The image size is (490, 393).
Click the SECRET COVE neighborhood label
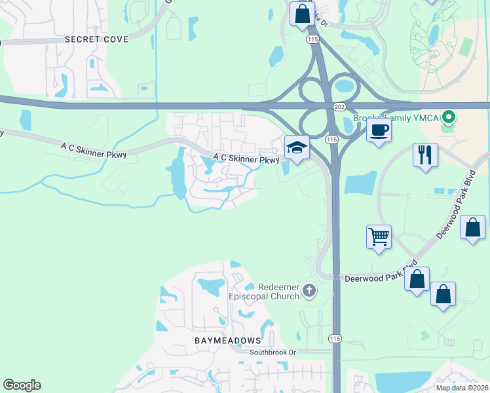pyautogui.click(x=96, y=39)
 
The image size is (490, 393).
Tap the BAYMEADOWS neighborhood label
pyautogui.click(x=227, y=341)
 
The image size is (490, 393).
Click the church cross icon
pyautogui.click(x=310, y=289)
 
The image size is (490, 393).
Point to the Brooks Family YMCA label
pyautogui.click(x=396, y=118)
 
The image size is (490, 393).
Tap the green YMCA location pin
pyautogui.click(x=448, y=118)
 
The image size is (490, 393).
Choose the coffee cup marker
pyautogui.click(x=379, y=130)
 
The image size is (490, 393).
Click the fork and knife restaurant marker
pyautogui.click(x=425, y=155)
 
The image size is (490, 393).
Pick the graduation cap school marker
pyautogui.click(x=297, y=147)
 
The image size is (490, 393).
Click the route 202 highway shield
pyautogui.click(x=339, y=107)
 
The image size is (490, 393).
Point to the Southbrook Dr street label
pyautogui.click(x=273, y=352)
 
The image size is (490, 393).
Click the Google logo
pyautogui.click(x=22, y=385)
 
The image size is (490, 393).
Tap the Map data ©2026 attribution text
pyautogui.click(x=462, y=388)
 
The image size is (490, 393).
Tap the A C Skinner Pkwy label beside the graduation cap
pyautogui.click(x=246, y=159)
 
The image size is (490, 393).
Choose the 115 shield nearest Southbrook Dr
pyautogui.click(x=335, y=338)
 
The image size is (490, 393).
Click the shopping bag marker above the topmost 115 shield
pyautogui.click(x=302, y=13)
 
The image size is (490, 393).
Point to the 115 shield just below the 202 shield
pyautogui.click(x=331, y=139)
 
